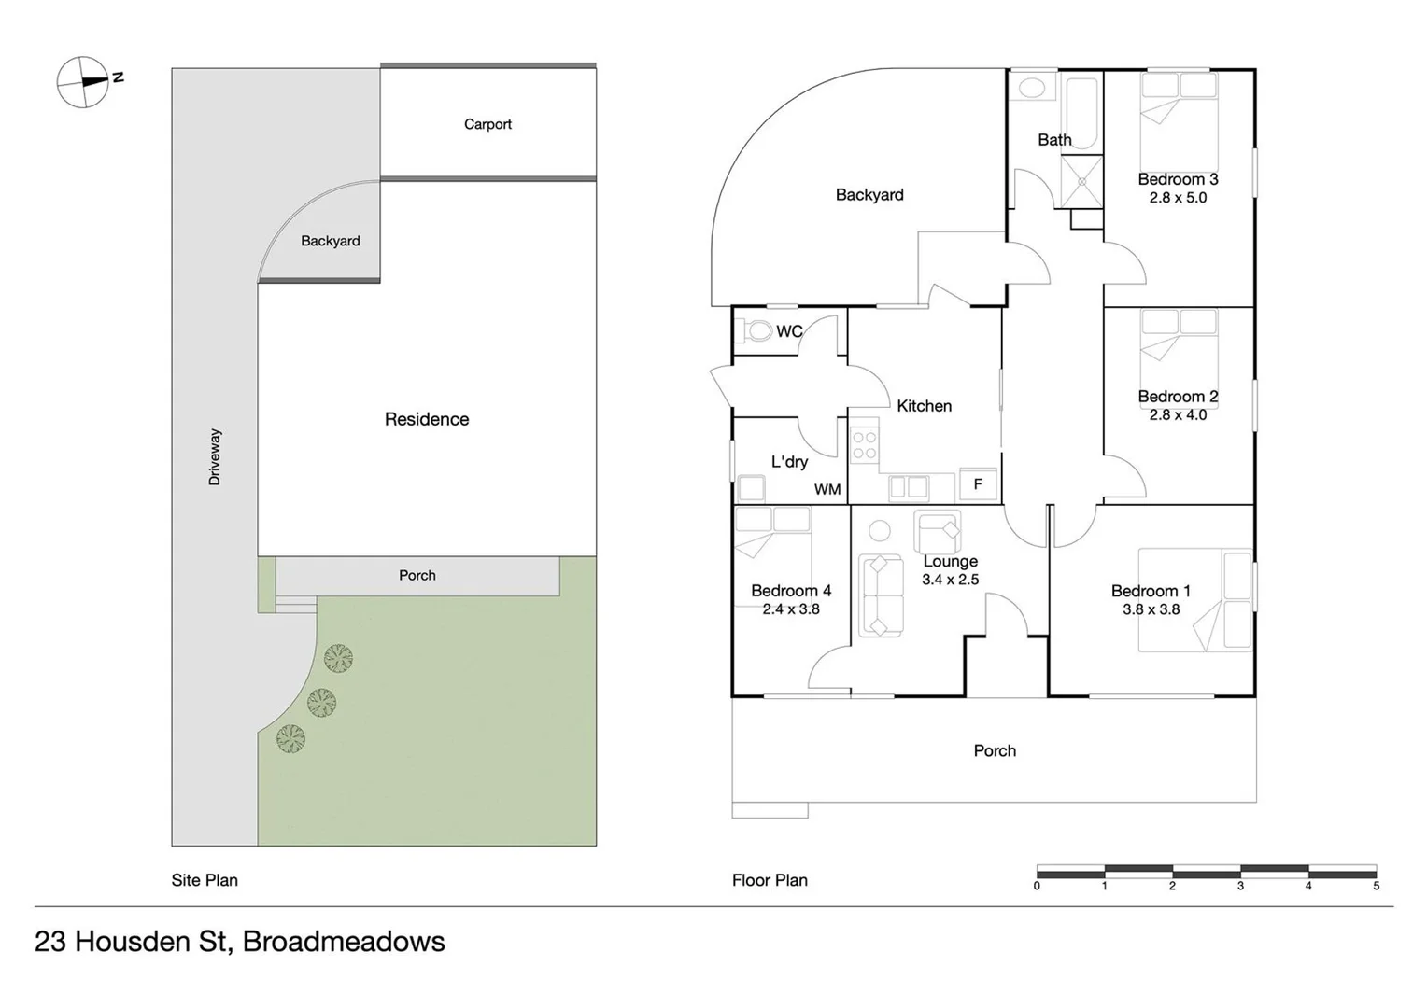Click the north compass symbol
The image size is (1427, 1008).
click(84, 82)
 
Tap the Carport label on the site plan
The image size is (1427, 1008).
click(487, 124)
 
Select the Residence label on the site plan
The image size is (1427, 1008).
click(427, 419)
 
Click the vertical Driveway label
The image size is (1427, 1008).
click(215, 456)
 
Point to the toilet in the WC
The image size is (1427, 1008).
click(756, 330)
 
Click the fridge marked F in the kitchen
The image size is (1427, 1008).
click(978, 484)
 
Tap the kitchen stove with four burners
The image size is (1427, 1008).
click(864, 444)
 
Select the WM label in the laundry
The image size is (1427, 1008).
click(827, 489)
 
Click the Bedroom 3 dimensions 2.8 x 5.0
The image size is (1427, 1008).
click(1178, 198)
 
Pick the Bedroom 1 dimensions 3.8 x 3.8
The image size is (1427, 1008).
click(1151, 609)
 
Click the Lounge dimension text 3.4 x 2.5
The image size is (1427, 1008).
click(950, 580)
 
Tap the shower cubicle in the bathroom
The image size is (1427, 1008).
click(1081, 182)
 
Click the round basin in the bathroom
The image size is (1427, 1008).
click(1031, 89)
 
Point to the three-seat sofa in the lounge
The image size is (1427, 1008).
click(880, 595)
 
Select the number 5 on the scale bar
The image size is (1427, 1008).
click(1376, 886)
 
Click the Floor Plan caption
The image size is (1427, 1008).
click(770, 880)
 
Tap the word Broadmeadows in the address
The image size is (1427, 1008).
click(344, 942)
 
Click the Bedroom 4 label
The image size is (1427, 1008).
click(790, 591)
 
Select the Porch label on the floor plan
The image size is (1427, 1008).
click(995, 750)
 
